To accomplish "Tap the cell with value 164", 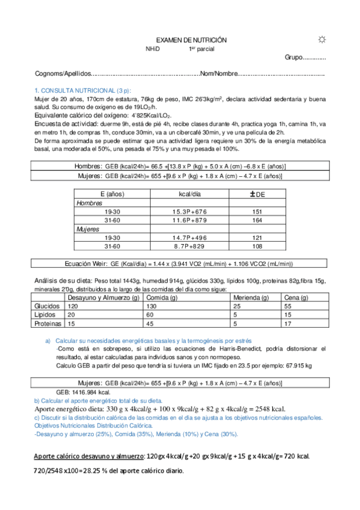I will tap(258, 220).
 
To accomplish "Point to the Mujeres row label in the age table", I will tap(88, 229).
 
